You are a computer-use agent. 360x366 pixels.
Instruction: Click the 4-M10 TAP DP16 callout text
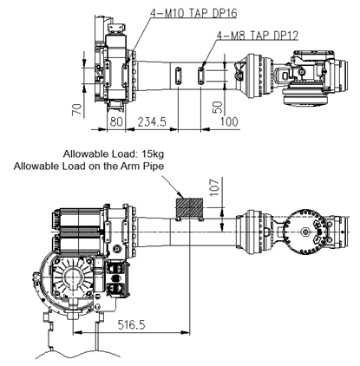[193, 13]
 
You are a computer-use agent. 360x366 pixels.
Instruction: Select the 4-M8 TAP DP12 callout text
[258, 36]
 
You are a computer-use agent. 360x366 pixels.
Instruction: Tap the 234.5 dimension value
[152, 121]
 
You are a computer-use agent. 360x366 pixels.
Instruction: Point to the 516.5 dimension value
[131, 324]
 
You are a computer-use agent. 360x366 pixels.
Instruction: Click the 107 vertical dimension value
[214, 187]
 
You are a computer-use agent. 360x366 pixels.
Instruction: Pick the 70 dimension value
[77, 110]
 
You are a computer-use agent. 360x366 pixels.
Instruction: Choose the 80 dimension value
[116, 121]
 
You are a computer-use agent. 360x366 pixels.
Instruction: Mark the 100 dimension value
[229, 121]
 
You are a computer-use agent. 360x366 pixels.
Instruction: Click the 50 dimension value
[218, 107]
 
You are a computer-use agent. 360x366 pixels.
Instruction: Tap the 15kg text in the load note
[153, 154]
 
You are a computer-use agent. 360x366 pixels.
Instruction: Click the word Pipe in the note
[154, 167]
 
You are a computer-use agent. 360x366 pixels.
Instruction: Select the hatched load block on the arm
[189, 207]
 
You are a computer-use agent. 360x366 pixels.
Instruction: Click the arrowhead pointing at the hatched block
[180, 195]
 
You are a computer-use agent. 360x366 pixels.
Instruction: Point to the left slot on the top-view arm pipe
[178, 75]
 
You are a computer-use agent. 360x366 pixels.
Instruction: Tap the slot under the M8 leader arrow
[201, 75]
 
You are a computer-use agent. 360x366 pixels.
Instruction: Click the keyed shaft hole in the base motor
[75, 278]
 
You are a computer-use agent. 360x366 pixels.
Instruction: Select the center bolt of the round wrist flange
[305, 232]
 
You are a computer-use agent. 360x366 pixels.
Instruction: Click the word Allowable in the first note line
[83, 154]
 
